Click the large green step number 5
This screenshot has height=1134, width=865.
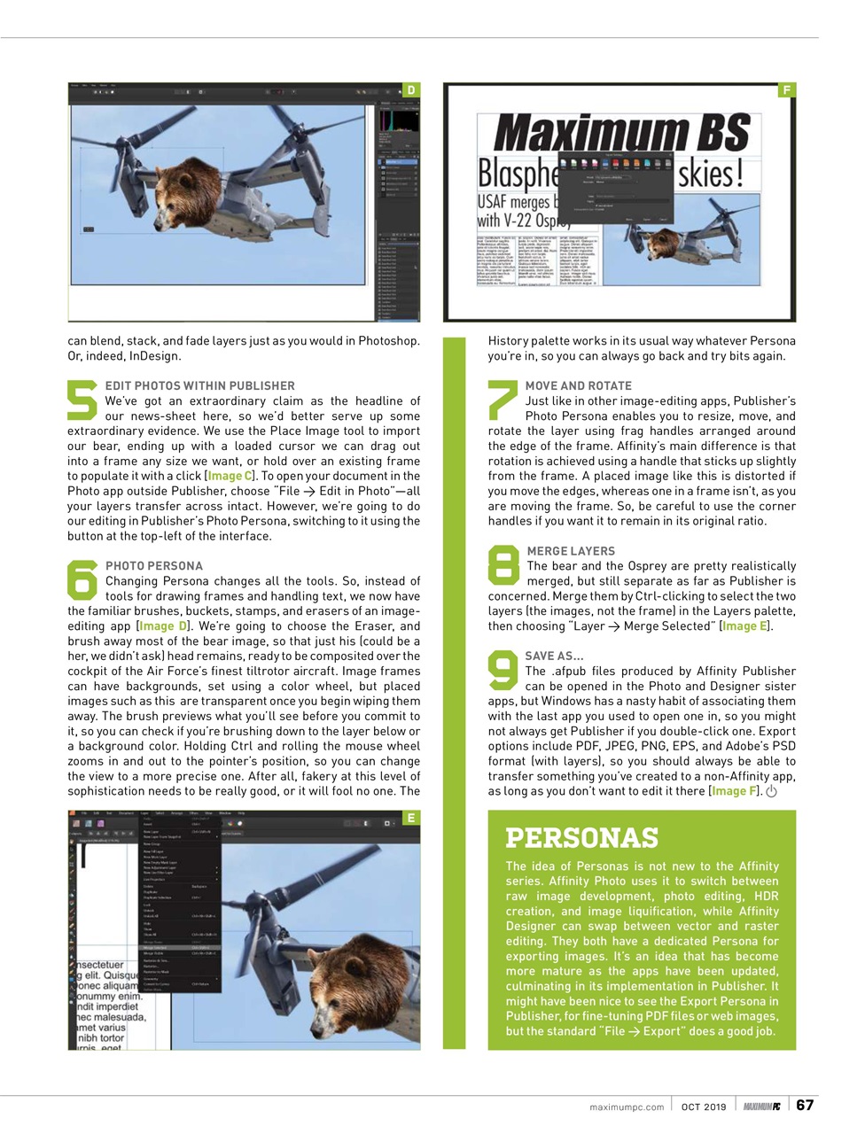tap(82, 400)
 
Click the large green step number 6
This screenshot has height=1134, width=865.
tap(82, 579)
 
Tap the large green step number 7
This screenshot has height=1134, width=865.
tap(503, 400)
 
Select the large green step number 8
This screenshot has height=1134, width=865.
tap(503, 565)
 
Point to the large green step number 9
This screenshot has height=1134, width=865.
tap(503, 671)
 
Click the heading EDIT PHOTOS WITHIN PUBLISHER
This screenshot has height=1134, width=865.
tap(199, 385)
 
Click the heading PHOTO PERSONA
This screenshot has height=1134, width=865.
tap(154, 565)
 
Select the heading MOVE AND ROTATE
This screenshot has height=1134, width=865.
tap(578, 385)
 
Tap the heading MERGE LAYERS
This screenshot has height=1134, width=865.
tap(571, 550)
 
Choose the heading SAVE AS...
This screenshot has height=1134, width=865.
tap(554, 656)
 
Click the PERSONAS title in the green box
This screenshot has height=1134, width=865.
tap(581, 837)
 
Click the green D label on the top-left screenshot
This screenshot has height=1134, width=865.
tap(411, 90)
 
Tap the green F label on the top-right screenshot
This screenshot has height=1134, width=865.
tap(786, 90)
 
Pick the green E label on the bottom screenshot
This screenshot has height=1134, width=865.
tap(411, 818)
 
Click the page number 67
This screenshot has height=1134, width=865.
tap(805, 1105)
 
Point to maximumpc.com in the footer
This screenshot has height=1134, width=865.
tap(627, 1107)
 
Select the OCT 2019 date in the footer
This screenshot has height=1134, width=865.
tap(704, 1107)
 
